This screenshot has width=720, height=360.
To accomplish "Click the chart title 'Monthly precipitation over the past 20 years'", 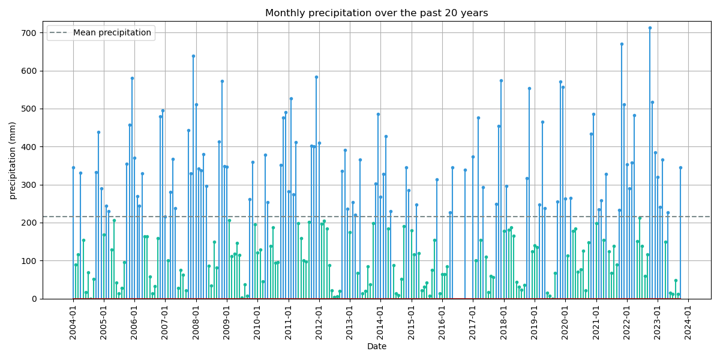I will [376, 13].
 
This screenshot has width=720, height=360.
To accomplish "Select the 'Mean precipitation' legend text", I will [112, 33].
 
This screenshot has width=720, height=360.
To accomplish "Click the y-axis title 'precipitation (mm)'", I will [13, 160].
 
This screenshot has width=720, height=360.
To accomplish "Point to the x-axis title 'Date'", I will [376, 346].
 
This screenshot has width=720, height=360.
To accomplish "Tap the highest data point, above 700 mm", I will [650, 28].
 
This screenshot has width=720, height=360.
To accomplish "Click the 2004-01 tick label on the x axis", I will [73, 323].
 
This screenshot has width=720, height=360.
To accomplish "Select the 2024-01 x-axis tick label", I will [688, 323].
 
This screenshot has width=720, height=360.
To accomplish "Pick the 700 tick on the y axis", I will [29, 33].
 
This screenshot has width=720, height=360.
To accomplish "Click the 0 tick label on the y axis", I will [35, 299].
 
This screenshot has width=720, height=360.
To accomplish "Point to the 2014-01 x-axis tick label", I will [380, 323].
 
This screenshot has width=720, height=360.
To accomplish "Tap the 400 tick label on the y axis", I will [29, 147].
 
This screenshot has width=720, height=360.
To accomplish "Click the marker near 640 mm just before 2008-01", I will [193, 56].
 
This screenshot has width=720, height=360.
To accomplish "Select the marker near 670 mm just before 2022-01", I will [622, 44].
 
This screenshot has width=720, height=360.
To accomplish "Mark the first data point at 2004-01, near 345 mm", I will [73, 167].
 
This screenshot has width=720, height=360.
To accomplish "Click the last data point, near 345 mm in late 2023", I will [680, 167].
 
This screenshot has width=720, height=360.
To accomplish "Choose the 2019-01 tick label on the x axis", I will [535, 323].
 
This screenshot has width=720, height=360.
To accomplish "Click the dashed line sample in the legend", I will [59, 33].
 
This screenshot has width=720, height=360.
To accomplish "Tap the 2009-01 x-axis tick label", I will [227, 323].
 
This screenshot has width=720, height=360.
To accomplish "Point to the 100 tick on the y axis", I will [29, 261].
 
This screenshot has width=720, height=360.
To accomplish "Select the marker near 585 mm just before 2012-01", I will [316, 77].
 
